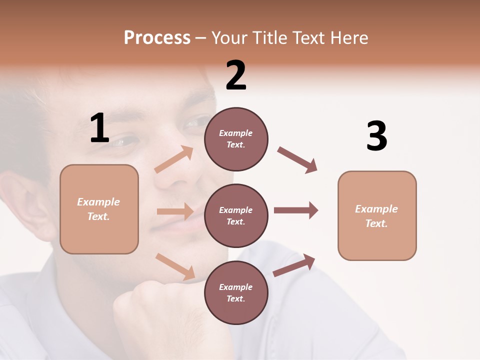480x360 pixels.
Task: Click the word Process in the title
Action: tap(157, 38)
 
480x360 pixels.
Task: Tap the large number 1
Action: tap(99, 128)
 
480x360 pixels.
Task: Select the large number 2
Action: tap(236, 75)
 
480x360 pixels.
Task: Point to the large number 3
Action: tap(376, 136)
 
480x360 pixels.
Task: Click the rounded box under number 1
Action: tap(99, 209)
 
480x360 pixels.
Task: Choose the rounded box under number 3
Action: tap(377, 215)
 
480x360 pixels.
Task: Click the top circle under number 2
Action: tap(236, 139)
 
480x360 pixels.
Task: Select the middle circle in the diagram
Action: tap(236, 215)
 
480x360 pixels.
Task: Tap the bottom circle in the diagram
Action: tap(236, 292)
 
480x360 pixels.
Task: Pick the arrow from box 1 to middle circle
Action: tap(175, 211)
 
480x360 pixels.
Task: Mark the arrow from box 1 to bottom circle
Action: tap(175, 266)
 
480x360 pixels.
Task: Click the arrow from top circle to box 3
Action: tap(297, 159)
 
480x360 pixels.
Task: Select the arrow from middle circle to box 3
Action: tap(296, 210)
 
